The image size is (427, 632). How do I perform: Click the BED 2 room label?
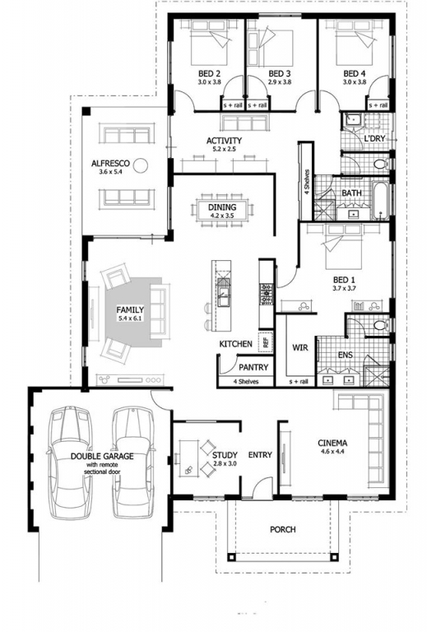pos(209,74)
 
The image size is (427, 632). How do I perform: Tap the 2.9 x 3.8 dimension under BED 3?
pos(280,81)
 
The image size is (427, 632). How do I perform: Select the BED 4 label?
pos(355,74)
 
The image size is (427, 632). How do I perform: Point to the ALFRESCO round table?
pos(141,165)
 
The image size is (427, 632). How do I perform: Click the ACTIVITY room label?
pos(224,141)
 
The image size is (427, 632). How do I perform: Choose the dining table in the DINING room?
pos(222,210)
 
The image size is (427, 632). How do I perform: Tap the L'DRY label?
pos(374,138)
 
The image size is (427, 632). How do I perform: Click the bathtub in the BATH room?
pos(380,201)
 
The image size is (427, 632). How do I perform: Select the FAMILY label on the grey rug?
pos(130,310)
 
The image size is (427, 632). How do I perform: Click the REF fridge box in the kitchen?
pos(266,342)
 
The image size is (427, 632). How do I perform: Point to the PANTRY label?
pos(253,367)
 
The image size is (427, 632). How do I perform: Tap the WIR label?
pos(300,347)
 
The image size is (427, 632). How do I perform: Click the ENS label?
pos(346,355)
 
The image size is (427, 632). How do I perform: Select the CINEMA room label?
pos(332,443)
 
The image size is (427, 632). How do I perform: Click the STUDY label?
pos(225,455)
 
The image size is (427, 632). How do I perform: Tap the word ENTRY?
pos(260,455)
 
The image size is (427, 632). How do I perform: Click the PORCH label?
pos(283,529)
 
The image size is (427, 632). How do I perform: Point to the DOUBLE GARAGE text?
pos(102,456)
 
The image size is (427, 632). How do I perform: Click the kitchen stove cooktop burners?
pos(267,295)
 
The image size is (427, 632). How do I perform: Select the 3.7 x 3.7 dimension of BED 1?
pos(344,288)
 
